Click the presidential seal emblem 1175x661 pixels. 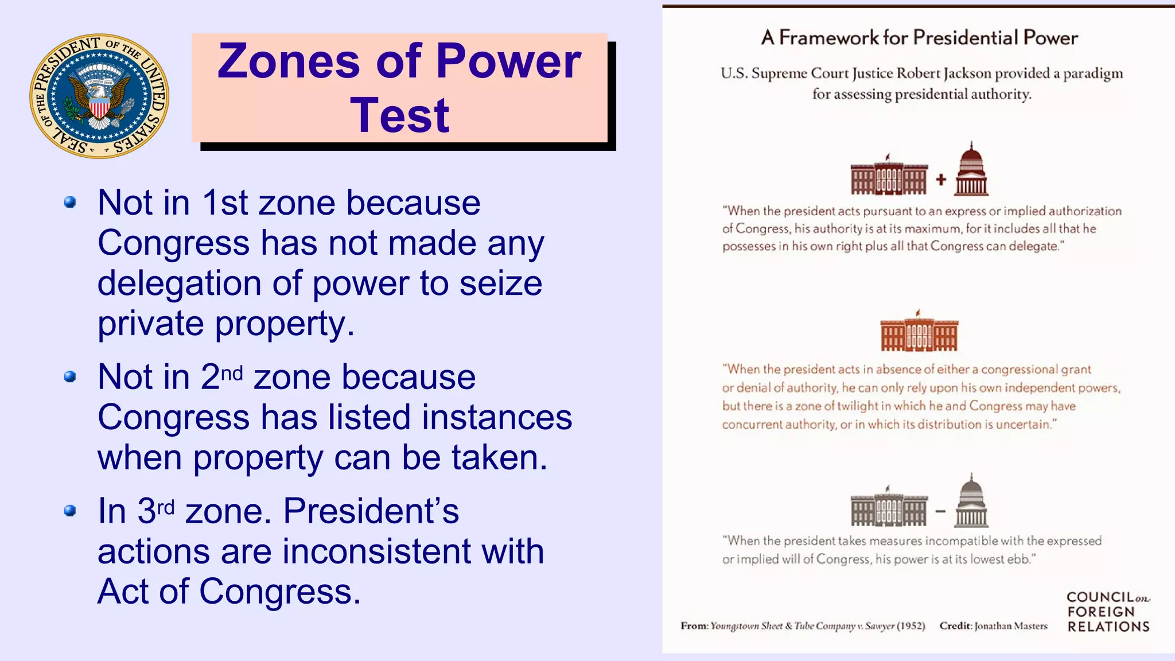click(99, 96)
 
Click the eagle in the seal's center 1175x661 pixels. click(99, 98)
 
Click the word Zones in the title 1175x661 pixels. click(288, 61)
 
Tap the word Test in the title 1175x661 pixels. click(400, 115)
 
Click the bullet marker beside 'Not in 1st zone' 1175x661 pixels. click(70, 203)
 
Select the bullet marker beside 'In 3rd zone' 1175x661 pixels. click(70, 511)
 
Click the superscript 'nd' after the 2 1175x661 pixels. click(232, 374)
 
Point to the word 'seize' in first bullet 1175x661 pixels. click(500, 283)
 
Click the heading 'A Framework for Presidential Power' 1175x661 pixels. click(919, 38)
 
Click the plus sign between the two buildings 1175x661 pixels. click(941, 180)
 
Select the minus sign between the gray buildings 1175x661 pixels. click(940, 511)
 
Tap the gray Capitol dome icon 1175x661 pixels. click(971, 501)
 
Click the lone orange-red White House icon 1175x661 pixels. click(919, 332)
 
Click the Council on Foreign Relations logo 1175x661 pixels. click(1108, 612)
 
